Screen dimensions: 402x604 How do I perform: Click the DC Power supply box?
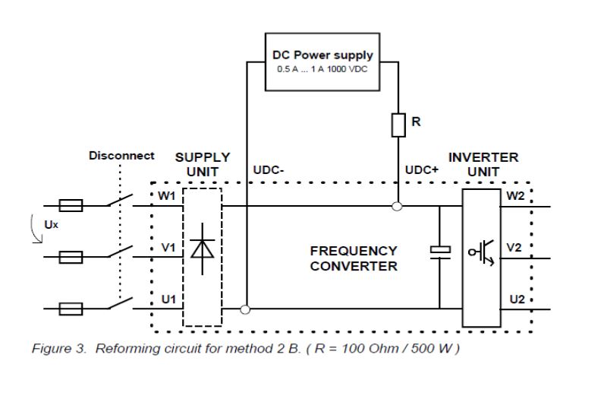click(322, 61)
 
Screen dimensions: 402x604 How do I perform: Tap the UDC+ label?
click(422, 170)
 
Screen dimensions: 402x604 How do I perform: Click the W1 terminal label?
click(167, 197)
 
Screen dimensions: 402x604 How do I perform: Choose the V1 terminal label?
click(168, 248)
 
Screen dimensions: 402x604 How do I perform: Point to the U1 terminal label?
click(168, 299)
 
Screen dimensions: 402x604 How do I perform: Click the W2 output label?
click(515, 196)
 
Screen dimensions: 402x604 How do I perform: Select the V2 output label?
click(514, 248)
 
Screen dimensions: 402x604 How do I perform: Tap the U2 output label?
click(517, 299)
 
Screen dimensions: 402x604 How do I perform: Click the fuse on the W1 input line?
click(71, 205)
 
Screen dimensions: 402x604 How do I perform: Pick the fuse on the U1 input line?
click(71, 309)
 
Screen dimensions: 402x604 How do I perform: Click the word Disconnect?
click(121, 156)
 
